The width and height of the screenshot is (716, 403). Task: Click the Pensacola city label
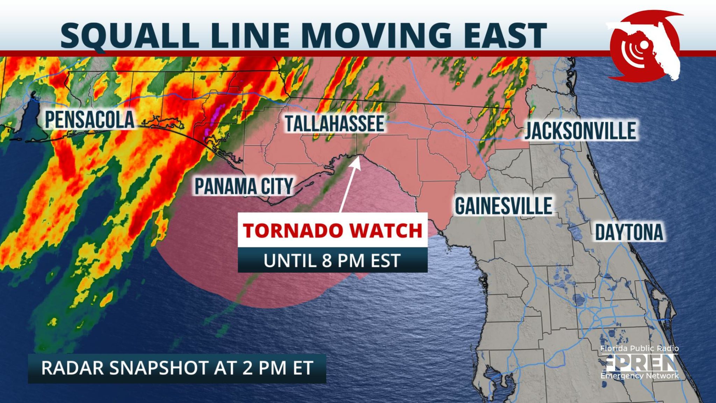click(89, 120)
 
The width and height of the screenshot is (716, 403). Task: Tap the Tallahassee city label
click(335, 123)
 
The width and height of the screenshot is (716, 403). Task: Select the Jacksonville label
click(580, 131)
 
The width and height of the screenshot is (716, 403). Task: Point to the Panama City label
click(244, 186)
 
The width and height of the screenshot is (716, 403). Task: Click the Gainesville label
click(503, 206)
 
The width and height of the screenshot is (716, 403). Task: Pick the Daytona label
click(629, 232)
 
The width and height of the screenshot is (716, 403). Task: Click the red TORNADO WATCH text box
click(332, 231)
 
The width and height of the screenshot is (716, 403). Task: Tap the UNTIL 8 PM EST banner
click(332, 261)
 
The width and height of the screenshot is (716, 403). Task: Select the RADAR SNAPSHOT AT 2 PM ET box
click(177, 368)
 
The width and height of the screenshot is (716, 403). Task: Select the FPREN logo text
click(639, 363)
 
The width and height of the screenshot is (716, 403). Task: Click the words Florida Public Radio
click(639, 348)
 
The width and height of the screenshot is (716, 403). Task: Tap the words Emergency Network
click(639, 376)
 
